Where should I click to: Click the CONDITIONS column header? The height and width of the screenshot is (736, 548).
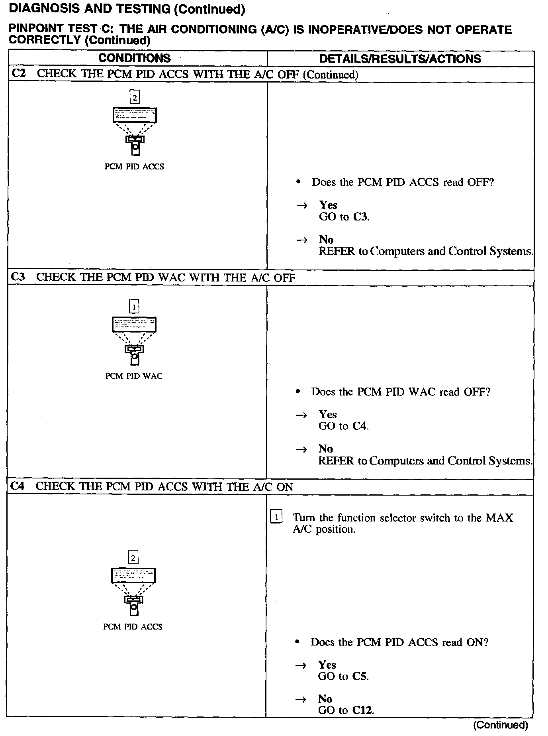coord(134,58)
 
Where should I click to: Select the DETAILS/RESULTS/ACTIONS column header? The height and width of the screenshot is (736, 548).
coord(400,59)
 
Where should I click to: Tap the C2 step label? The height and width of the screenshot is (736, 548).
coord(19,74)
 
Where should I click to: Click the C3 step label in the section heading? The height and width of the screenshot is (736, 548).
coord(18,277)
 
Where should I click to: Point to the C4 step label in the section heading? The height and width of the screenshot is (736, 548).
coord(18,486)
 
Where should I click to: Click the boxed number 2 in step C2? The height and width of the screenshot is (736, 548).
coord(135,97)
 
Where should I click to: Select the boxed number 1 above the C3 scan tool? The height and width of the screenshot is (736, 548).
coord(134,307)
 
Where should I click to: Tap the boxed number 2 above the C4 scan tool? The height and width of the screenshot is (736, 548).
coord(133,557)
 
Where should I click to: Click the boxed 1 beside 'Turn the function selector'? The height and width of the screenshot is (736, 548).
coord(276,517)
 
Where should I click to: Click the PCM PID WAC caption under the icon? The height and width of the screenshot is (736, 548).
coord(134,376)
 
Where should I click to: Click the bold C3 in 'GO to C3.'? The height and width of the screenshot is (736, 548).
coord(360,217)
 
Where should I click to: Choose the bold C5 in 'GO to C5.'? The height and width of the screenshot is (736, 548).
coord(360,676)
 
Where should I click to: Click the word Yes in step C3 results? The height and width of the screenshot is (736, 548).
coord(328,414)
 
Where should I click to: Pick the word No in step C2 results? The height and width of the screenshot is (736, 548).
coord(326,240)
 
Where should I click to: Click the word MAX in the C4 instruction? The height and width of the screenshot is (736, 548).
coord(499,518)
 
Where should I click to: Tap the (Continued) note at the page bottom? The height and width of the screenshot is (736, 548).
coord(501,725)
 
